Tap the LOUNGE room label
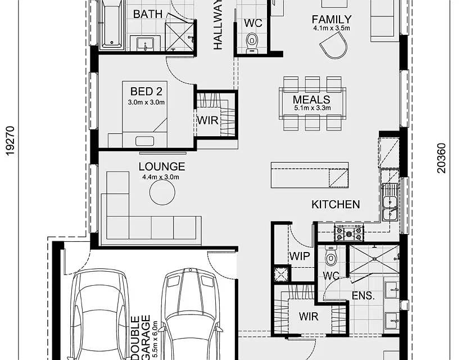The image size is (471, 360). [x=162, y=166]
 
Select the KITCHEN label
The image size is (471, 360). [x=336, y=204]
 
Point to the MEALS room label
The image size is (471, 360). [x=311, y=100]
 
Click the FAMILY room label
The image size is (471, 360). [x=332, y=19]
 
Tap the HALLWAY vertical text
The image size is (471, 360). [x=218, y=25]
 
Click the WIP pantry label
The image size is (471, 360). [x=300, y=256]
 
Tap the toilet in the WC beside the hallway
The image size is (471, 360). [x=252, y=40]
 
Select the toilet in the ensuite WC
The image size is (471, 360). [x=331, y=257]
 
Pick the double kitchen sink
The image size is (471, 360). [x=389, y=202]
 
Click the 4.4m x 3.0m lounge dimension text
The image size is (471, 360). [x=161, y=177]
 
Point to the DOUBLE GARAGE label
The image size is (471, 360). [x=141, y=337]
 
